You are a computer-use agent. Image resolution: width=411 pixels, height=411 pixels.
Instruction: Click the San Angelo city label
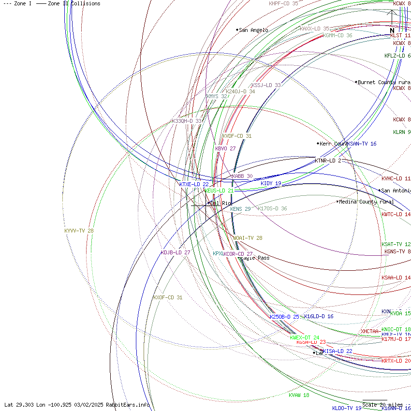[253, 30]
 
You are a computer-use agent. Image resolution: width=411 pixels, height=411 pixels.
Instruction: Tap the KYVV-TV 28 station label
[79, 231]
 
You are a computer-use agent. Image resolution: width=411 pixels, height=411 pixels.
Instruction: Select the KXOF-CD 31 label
[168, 297]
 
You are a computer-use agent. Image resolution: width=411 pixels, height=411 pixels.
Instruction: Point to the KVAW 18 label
[299, 395]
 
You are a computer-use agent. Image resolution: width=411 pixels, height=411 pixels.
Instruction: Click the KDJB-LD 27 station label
[176, 252]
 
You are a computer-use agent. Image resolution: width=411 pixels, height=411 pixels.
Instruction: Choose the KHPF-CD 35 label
[283, 3]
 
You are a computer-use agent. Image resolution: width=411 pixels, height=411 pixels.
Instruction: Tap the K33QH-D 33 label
[187, 121]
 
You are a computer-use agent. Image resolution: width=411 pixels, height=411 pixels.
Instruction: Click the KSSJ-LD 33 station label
[266, 85]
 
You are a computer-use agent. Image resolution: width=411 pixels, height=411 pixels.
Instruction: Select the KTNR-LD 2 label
[328, 161]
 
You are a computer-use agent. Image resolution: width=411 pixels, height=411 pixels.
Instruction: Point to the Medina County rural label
[366, 202]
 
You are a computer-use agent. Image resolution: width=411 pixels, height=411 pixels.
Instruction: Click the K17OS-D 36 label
[272, 208]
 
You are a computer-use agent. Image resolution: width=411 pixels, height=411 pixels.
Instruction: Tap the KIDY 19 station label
[271, 183]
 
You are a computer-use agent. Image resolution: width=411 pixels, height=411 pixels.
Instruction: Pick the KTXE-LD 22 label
[194, 184]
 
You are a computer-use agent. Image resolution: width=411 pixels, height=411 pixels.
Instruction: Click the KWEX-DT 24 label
[305, 338]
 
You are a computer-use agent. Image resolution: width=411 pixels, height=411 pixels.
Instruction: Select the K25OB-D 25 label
[284, 317]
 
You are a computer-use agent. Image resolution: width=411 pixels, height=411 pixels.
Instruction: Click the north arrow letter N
[392, 30]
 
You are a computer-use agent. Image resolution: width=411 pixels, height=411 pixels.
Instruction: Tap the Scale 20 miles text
[382, 405]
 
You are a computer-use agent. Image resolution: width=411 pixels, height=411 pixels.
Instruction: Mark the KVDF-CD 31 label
[237, 136]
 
